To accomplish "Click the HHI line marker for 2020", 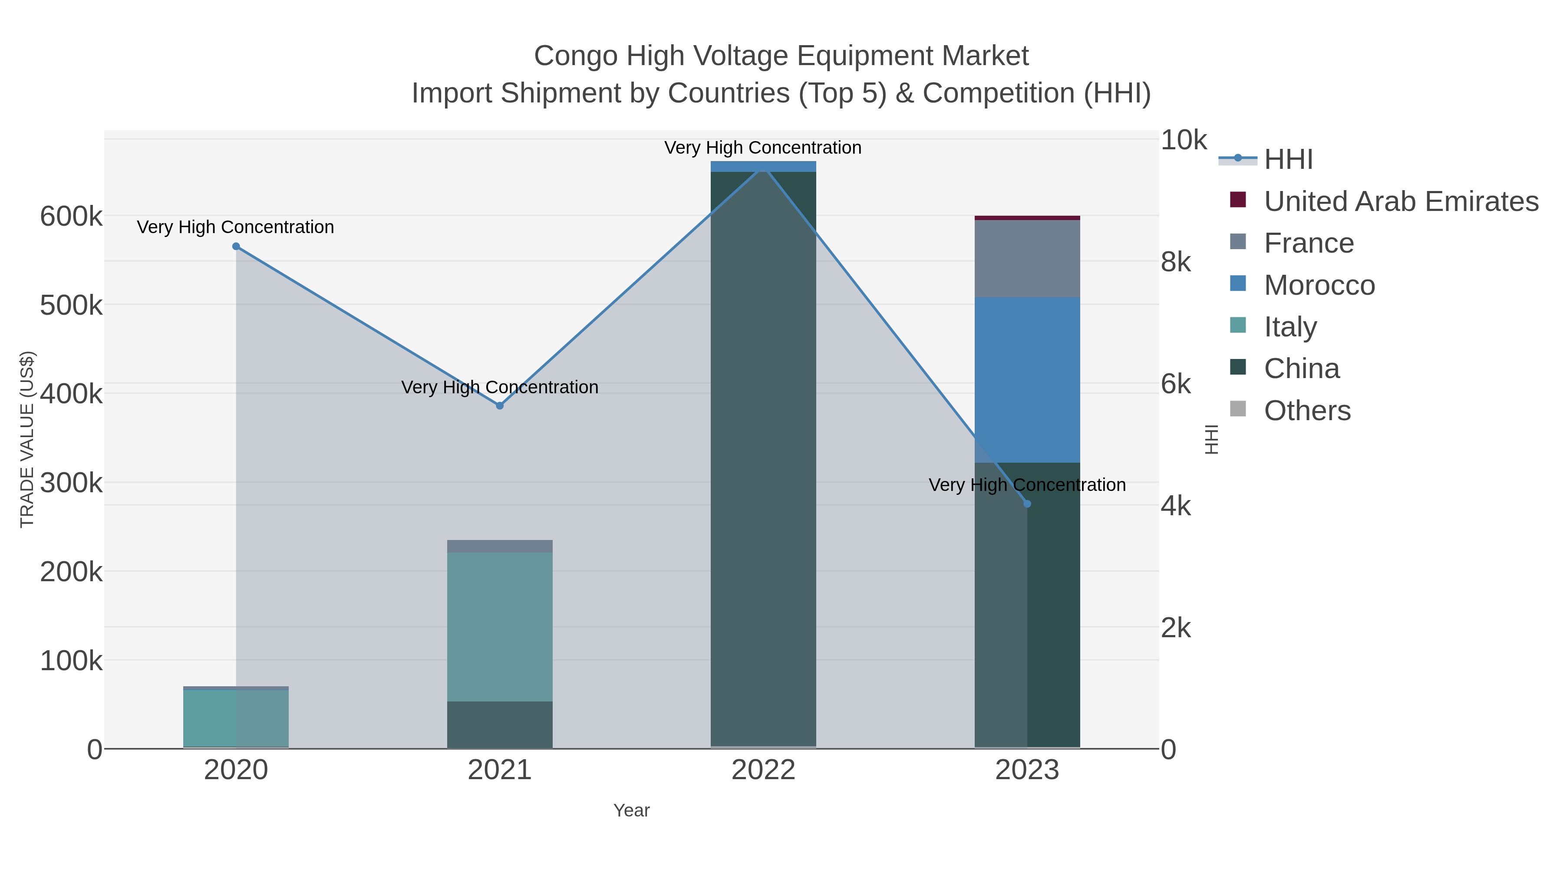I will (x=236, y=246).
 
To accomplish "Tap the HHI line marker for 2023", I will (x=1027, y=504).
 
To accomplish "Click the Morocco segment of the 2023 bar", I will (x=1027, y=380).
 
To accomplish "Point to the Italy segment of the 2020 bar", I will (x=236, y=718).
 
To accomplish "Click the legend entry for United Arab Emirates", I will (x=1400, y=201).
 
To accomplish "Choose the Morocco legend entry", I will (x=1319, y=285).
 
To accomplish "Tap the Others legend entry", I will (x=1307, y=411).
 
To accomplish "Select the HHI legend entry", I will (x=1288, y=160).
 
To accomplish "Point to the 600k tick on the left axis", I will (x=71, y=217).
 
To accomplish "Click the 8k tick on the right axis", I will (x=1175, y=262).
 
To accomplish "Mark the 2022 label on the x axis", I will (x=763, y=770).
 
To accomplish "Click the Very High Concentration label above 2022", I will (x=763, y=148).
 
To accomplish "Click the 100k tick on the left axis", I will (x=71, y=661).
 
